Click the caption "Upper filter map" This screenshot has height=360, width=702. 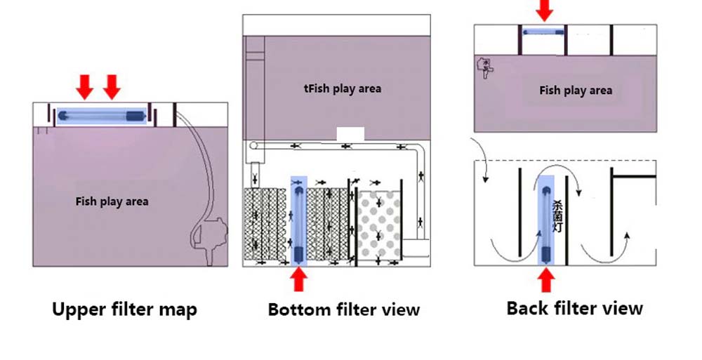coord(124,309)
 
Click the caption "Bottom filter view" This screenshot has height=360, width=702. coord(343,309)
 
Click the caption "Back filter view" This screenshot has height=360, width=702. coord(574,307)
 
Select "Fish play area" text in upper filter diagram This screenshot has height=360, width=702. coord(112,201)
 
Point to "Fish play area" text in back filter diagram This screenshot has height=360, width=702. coord(575,90)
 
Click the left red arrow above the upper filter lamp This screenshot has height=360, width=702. coord(85,87)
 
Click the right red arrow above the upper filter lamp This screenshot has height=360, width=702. coord(112,87)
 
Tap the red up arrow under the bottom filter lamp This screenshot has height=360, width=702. coord(299,280)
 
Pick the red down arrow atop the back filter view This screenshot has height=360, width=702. coord(544,11)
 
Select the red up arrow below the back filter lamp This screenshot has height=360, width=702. coord(546,281)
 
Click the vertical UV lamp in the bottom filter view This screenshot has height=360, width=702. coord(298,220)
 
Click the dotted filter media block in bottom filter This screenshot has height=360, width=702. coord(379,225)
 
